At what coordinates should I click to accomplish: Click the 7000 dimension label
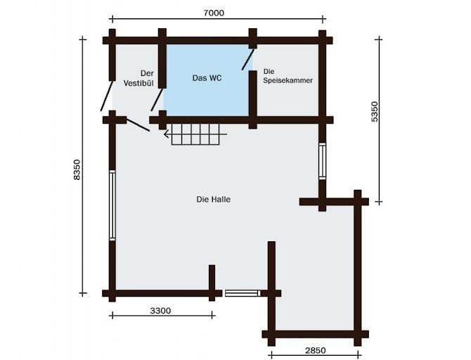214,13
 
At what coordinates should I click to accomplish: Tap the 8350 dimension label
77,169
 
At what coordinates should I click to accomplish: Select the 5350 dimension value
375,112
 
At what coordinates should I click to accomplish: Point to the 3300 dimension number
160,310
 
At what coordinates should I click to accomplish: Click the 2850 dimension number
315,350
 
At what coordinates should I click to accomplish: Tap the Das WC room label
207,78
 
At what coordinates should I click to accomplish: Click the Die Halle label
213,200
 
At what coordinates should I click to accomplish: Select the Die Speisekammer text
288,76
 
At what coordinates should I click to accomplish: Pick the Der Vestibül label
138,78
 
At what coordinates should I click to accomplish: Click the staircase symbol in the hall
195,134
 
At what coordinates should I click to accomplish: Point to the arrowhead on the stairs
166,134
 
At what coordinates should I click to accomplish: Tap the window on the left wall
112,205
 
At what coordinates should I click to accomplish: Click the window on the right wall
322,162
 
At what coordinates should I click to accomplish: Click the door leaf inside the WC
248,59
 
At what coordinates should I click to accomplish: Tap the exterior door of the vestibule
107,96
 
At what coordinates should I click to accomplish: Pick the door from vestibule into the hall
138,125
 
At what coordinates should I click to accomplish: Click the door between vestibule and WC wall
157,100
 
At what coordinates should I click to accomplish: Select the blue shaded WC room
207,80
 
